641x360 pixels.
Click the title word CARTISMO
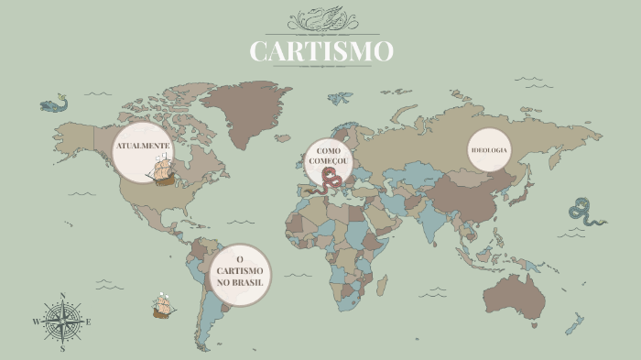coord(321,51)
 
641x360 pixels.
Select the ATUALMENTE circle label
coord(142,147)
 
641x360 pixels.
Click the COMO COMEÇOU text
coord(329,156)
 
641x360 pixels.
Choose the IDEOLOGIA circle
coord(489,149)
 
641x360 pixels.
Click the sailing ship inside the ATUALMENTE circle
coord(161,170)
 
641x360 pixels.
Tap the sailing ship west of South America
coord(163,304)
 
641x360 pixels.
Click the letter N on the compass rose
coord(62,296)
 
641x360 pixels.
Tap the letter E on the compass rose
coord(89,322)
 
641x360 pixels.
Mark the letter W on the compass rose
coord(37,322)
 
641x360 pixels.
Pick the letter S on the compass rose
coord(62,348)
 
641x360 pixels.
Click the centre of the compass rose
coord(62,322)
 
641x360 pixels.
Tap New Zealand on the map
coord(575,322)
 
